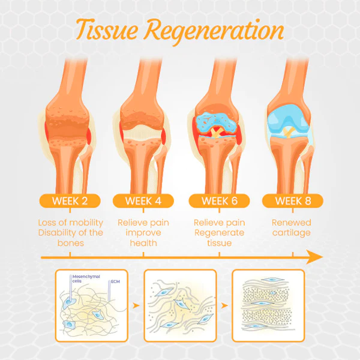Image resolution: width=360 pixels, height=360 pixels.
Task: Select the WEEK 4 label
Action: [x=144, y=201]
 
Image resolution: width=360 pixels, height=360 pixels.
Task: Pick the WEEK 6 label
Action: [x=219, y=201]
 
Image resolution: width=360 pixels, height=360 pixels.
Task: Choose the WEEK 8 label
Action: [x=293, y=201]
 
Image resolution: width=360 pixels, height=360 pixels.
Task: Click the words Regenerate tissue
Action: [x=219, y=238]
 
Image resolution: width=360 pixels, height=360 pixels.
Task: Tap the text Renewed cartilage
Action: [x=293, y=227]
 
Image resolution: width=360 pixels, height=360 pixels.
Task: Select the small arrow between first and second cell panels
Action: [x=137, y=305]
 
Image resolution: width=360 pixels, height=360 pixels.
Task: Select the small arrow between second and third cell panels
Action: [x=224, y=305]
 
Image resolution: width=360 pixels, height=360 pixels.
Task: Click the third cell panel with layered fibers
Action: [x=268, y=305]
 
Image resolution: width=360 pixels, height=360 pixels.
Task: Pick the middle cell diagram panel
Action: [x=180, y=305]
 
